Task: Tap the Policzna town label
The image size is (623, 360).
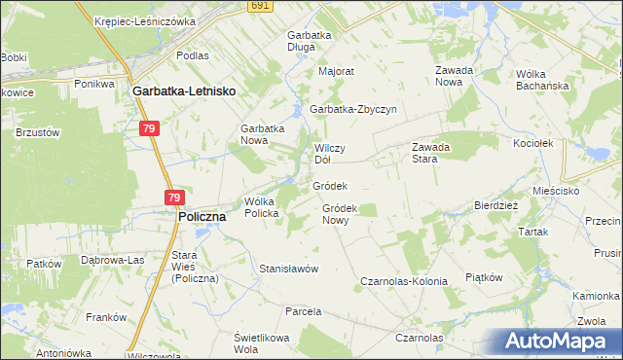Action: coord(202,217)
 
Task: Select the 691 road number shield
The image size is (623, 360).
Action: coord(258,5)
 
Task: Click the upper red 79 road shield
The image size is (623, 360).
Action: coord(149,128)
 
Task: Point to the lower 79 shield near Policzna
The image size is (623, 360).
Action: coord(172,198)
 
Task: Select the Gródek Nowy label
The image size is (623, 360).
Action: coord(342,213)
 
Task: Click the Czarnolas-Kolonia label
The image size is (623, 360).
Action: coord(404,281)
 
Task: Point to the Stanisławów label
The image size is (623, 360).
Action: coord(289,268)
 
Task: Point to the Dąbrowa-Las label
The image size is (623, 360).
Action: coord(112,260)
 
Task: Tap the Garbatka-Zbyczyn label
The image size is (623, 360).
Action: coord(353,109)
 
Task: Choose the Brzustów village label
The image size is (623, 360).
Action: coord(38,132)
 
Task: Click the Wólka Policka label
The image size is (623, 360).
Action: coord(262,206)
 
